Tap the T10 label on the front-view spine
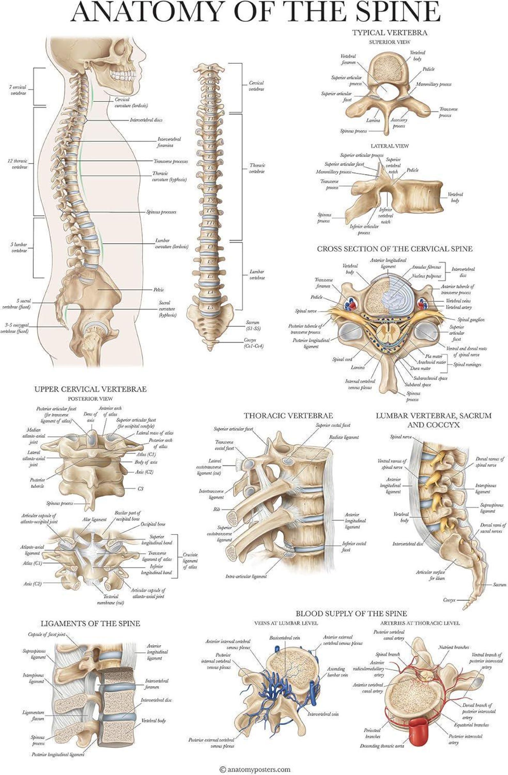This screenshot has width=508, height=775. tap(211, 211)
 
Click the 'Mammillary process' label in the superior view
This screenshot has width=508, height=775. tap(433, 84)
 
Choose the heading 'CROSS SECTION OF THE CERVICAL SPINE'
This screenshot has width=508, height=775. tap(395, 249)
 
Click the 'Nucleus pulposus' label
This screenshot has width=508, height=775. tap(426, 275)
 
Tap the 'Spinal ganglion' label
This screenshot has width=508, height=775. tap(471, 320)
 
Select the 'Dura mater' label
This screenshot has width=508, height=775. tap(420, 368)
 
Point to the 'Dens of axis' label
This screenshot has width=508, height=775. tap(90, 417)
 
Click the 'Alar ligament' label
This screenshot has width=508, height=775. tap(94, 519)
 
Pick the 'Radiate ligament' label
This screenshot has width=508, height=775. tap(344, 437)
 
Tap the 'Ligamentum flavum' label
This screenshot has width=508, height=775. tap(33, 716)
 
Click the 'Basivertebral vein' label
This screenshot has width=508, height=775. tap(285, 637)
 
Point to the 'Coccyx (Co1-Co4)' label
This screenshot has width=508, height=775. tap(253, 343)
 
